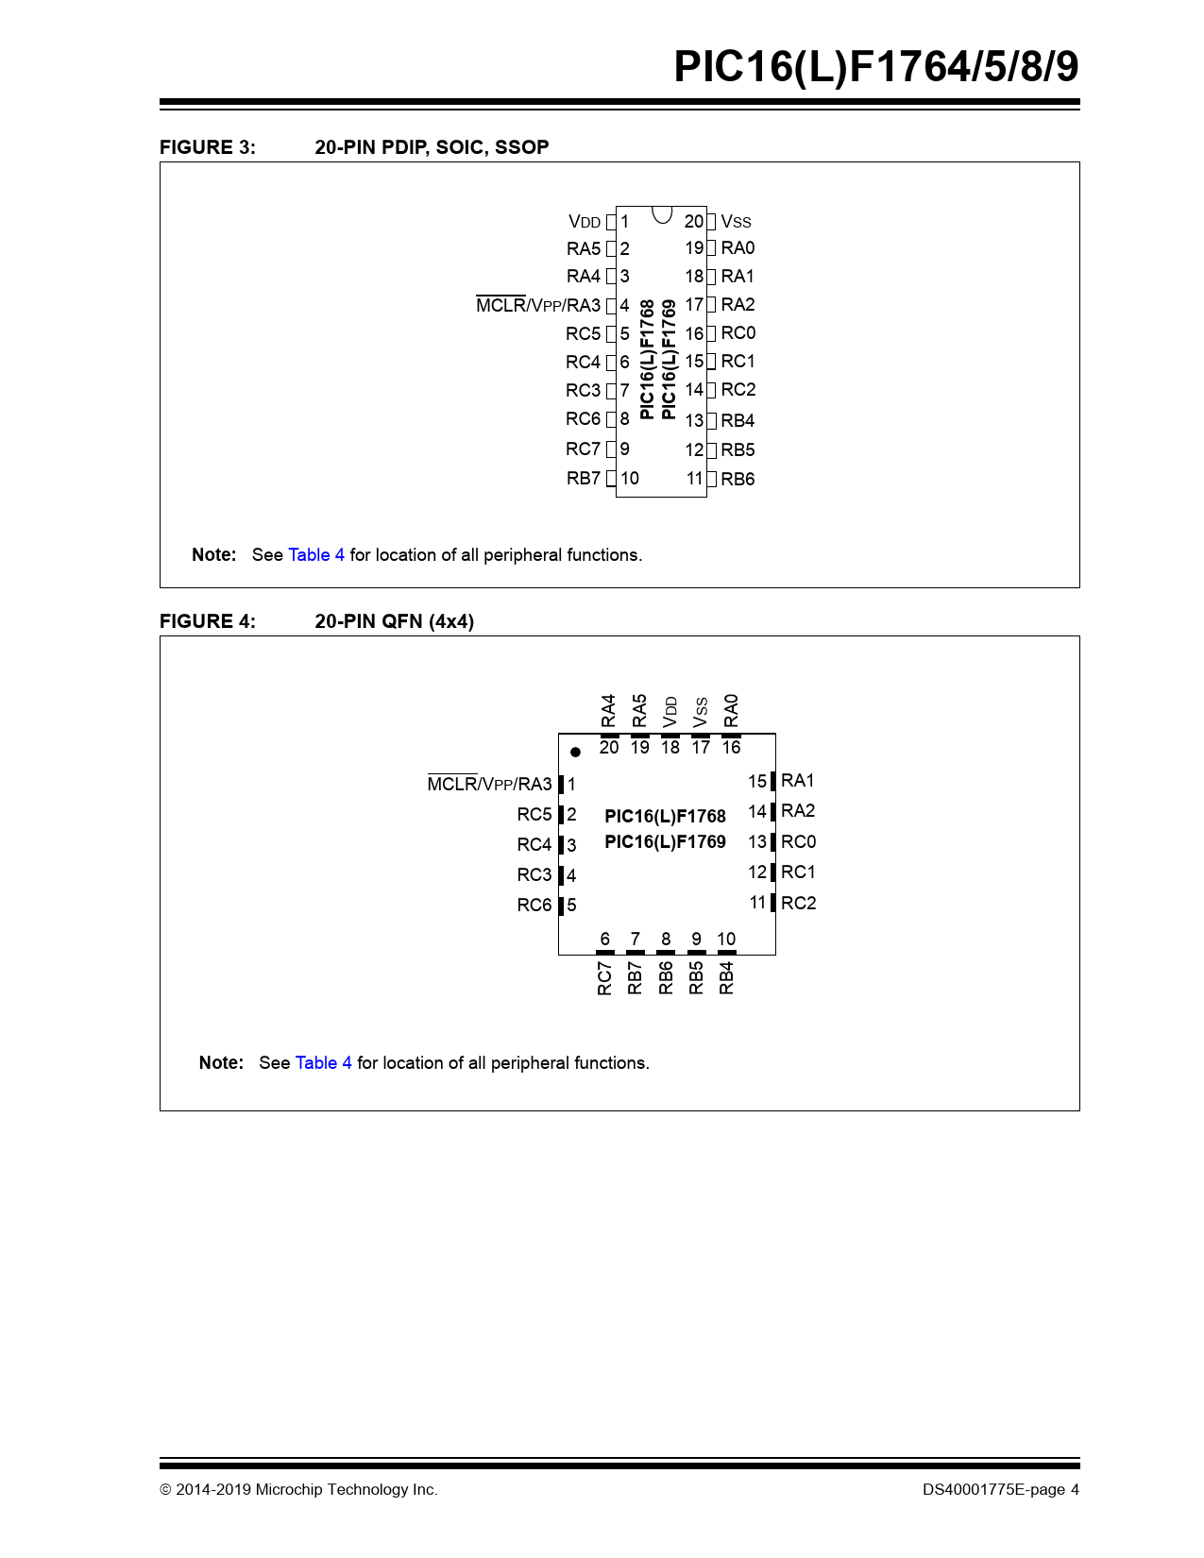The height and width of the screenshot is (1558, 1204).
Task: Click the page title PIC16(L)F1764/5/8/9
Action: (x=875, y=67)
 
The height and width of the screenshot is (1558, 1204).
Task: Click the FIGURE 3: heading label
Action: (x=207, y=147)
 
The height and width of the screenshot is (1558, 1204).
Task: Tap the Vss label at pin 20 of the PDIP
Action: (x=736, y=222)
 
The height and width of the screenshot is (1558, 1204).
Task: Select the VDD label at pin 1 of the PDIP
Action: (x=585, y=222)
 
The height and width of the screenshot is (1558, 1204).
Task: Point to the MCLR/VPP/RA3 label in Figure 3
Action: (x=537, y=305)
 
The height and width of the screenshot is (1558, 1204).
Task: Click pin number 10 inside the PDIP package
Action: (x=630, y=479)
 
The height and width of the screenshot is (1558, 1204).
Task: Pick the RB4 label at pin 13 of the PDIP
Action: (x=738, y=421)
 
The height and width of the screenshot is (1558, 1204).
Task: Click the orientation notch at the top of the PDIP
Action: (x=662, y=214)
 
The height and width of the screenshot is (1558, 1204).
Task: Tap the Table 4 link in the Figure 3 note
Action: (x=316, y=555)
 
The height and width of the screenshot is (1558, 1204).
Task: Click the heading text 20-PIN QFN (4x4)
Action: (x=394, y=621)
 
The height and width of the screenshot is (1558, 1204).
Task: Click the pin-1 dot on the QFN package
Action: (x=575, y=753)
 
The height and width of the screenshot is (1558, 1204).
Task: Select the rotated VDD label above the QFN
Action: (x=670, y=711)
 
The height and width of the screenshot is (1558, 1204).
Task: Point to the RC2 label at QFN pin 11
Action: (x=798, y=904)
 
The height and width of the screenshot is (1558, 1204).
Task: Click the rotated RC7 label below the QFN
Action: (x=605, y=977)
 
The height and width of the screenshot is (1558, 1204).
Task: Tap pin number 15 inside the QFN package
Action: (x=757, y=782)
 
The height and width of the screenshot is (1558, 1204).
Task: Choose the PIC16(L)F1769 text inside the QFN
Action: (x=665, y=842)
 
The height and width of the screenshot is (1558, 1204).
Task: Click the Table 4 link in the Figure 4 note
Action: (x=323, y=1063)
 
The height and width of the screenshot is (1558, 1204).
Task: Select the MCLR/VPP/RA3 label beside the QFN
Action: (x=489, y=785)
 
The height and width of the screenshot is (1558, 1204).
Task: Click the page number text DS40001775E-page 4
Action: (x=1000, y=1490)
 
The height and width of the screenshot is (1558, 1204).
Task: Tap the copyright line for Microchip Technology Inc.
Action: (x=298, y=1490)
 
